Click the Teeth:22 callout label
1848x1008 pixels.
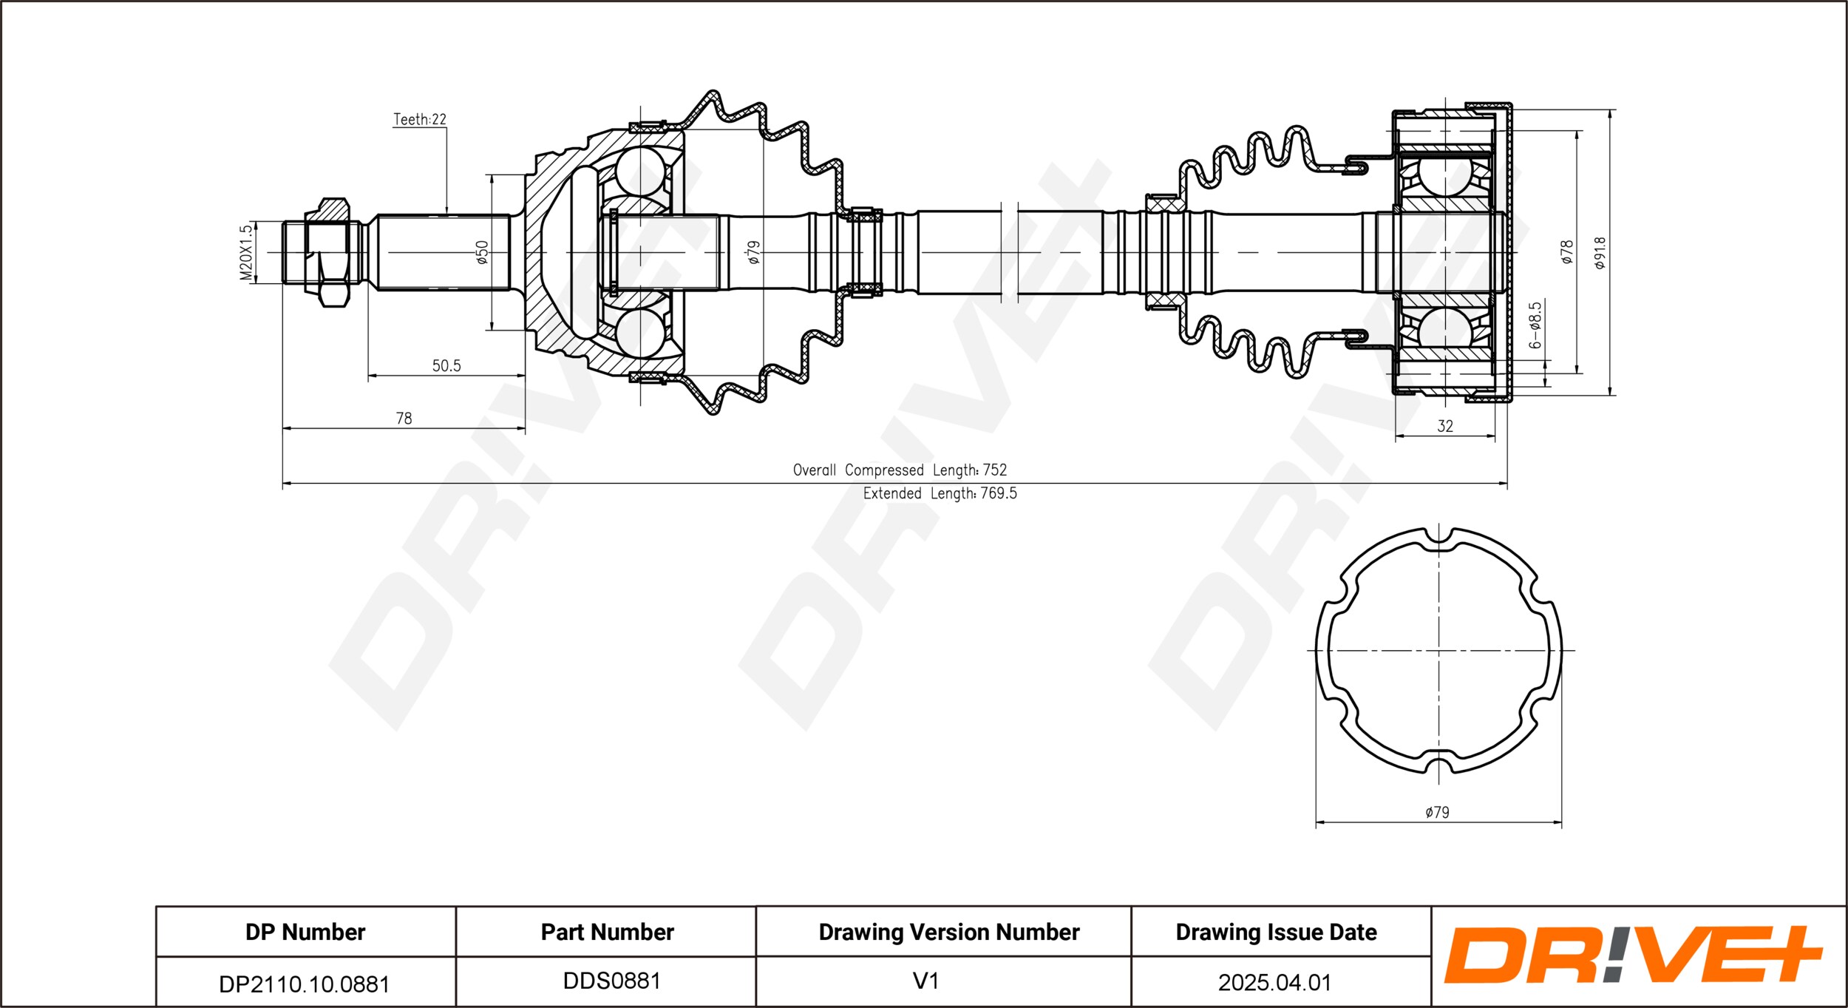click(420, 119)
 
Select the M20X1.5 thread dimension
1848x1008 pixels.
click(246, 253)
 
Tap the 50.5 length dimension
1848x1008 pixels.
click(446, 365)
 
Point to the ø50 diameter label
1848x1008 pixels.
click(482, 252)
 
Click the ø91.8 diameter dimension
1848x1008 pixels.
click(1600, 253)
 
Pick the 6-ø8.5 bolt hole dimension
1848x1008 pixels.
click(1535, 325)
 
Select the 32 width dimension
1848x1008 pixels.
click(1445, 426)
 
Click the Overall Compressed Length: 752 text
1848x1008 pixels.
click(900, 470)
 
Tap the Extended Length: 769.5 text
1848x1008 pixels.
click(940, 493)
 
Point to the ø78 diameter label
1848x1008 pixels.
click(1567, 252)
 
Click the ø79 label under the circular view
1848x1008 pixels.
click(1438, 812)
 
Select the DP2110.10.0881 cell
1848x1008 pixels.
click(304, 984)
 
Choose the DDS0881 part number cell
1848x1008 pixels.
click(611, 981)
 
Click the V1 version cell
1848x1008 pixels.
click(925, 981)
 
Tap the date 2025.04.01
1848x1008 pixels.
click(1274, 982)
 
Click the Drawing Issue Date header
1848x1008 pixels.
click(1276, 932)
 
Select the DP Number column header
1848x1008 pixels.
click(305, 932)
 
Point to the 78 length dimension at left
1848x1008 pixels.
click(404, 419)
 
